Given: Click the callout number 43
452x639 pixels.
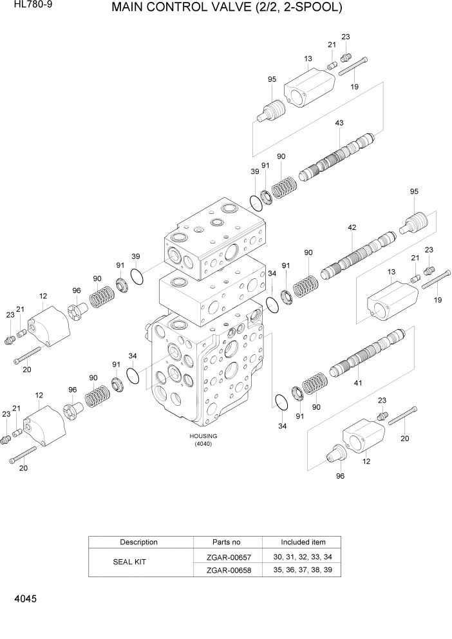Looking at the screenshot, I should [339, 123].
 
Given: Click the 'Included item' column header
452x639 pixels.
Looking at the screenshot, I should [303, 542].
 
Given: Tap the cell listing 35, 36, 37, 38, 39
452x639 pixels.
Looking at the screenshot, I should [303, 569].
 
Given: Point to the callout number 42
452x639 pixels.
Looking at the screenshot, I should [352, 227].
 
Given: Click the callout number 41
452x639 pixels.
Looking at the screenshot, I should [357, 383].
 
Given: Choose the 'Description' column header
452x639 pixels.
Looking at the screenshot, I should [138, 542].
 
